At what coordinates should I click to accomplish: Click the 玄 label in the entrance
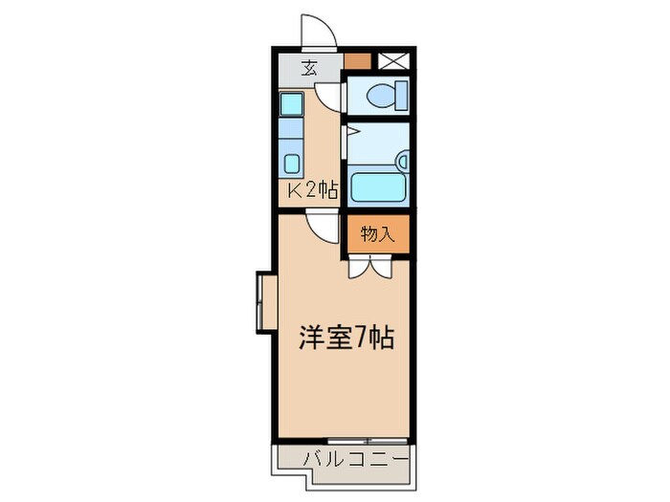coord(310,67)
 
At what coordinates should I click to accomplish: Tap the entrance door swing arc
coord(319,32)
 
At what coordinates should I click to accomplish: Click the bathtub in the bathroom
coord(378,186)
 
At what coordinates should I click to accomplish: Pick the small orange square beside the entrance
coord(356,61)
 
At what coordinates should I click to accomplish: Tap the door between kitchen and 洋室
coord(323,226)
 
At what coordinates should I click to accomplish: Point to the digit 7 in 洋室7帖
coord(365,338)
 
